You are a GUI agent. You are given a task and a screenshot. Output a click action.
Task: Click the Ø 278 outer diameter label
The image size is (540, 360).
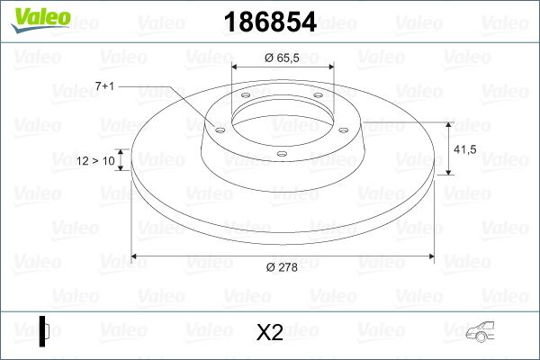[281, 266]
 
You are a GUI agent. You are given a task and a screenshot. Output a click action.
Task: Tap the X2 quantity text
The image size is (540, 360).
[270, 333]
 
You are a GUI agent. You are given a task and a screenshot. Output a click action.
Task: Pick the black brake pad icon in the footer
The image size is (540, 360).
[43, 332]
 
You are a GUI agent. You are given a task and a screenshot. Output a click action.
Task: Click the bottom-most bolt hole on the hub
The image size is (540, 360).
[282, 154]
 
